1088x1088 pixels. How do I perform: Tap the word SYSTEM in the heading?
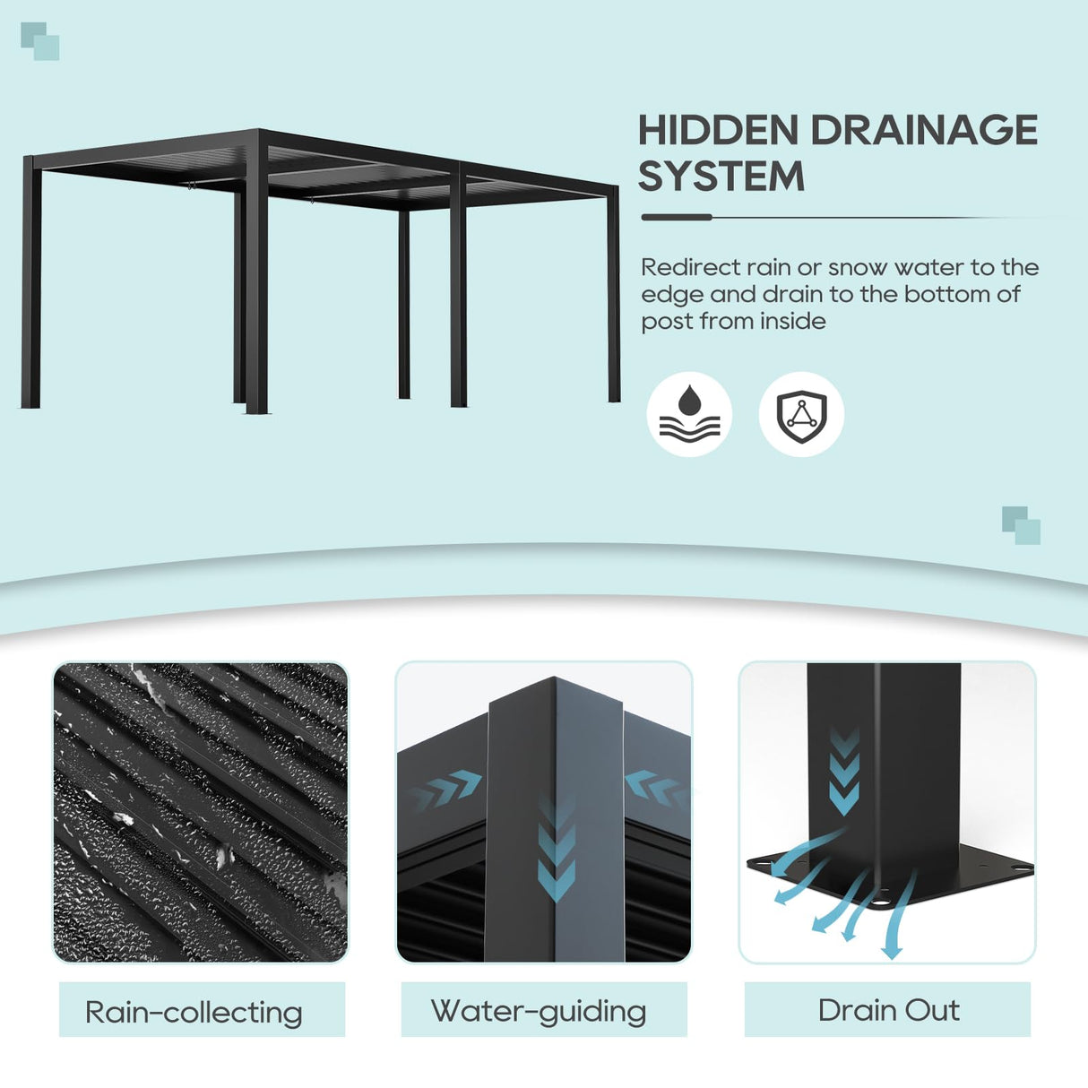(x=721, y=177)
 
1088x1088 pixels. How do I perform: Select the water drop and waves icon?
(x=689, y=414)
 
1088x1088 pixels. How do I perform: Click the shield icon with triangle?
(x=801, y=414)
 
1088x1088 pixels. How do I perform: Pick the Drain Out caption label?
(x=887, y=1010)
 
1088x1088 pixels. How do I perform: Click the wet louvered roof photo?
(x=201, y=812)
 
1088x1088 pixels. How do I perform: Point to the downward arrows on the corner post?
(x=556, y=851)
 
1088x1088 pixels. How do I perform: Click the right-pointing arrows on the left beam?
(x=446, y=788)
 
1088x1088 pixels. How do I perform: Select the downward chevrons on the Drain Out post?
(x=843, y=772)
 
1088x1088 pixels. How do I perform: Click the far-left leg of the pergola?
(x=30, y=287)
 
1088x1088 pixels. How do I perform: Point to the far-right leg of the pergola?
(x=614, y=296)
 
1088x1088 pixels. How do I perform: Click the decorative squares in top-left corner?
(x=39, y=41)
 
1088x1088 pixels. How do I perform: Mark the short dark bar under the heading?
(x=677, y=217)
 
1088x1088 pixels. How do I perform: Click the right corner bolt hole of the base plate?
(x=1019, y=868)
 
